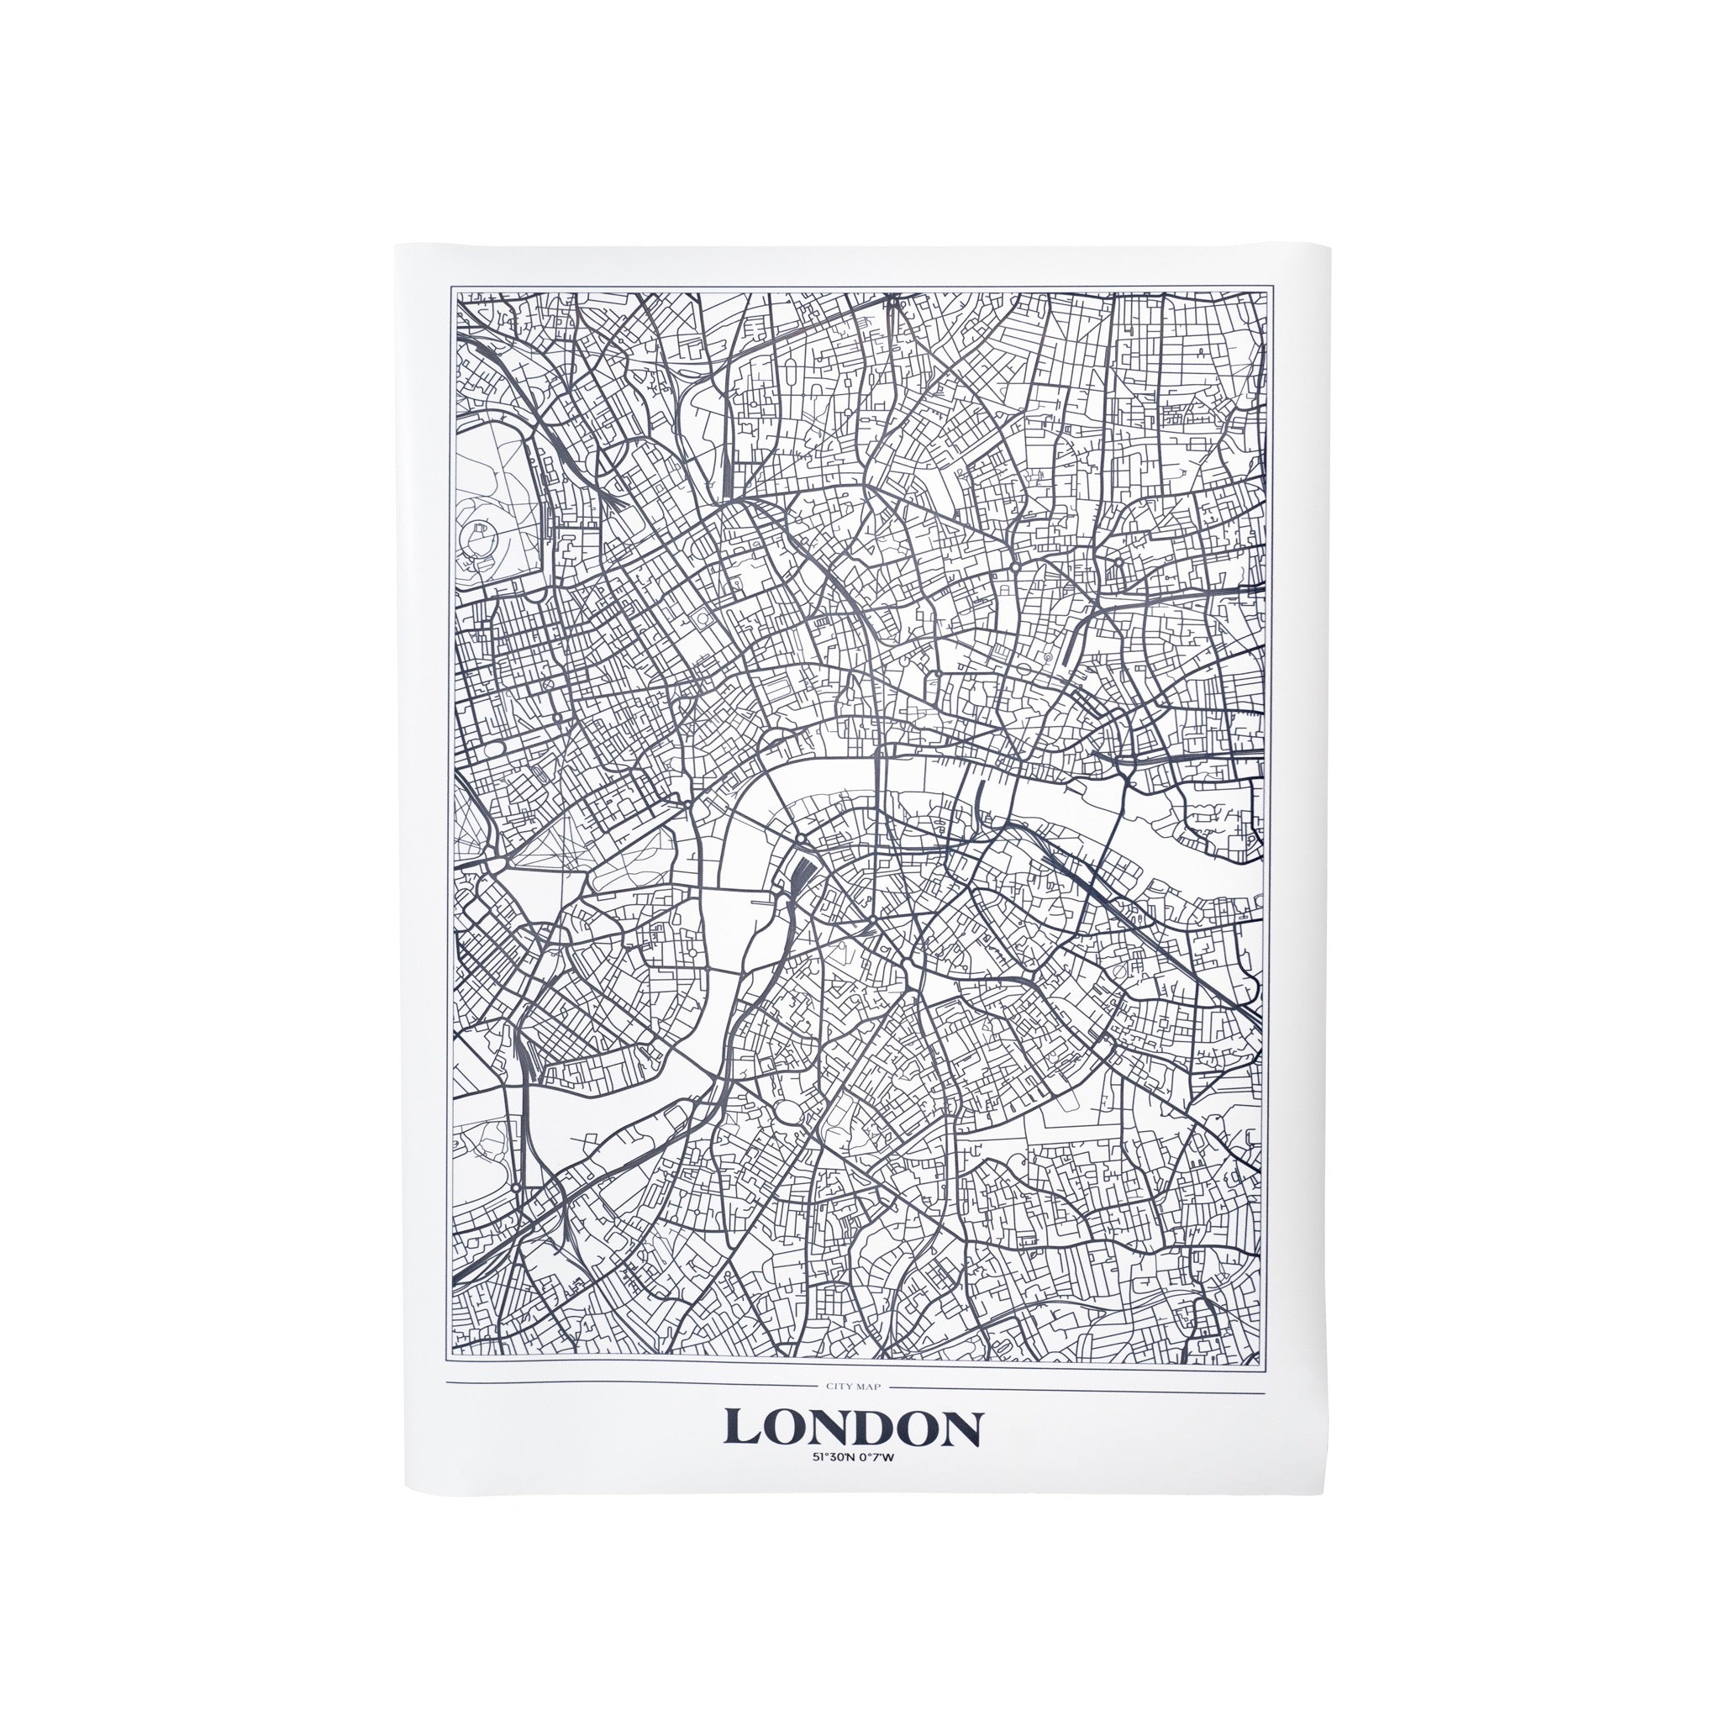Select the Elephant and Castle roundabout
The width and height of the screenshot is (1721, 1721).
(874, 918)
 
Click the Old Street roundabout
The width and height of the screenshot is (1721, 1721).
(1015, 565)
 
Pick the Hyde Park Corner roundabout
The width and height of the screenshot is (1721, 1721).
(495, 862)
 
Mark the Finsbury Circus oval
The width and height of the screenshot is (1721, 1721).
(1048, 656)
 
